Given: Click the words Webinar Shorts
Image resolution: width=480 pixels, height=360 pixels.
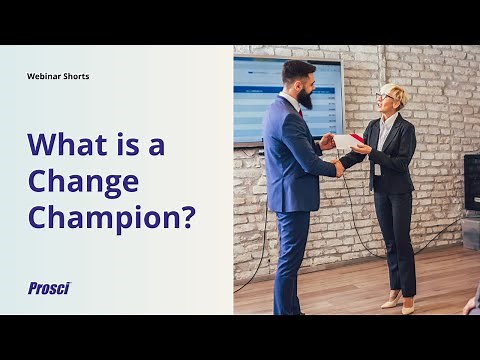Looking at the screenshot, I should pyautogui.click(x=58, y=76).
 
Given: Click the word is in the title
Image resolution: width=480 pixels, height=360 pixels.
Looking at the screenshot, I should pyautogui.click(x=131, y=144).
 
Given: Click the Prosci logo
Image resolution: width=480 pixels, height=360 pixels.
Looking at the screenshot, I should pyautogui.click(x=48, y=288).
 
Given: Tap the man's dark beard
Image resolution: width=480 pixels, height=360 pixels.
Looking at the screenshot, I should pyautogui.click(x=305, y=97).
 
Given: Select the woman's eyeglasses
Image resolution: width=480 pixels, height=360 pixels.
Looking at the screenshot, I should pyautogui.click(x=384, y=97).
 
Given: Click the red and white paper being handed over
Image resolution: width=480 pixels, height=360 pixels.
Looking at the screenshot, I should pyautogui.click(x=350, y=140).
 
